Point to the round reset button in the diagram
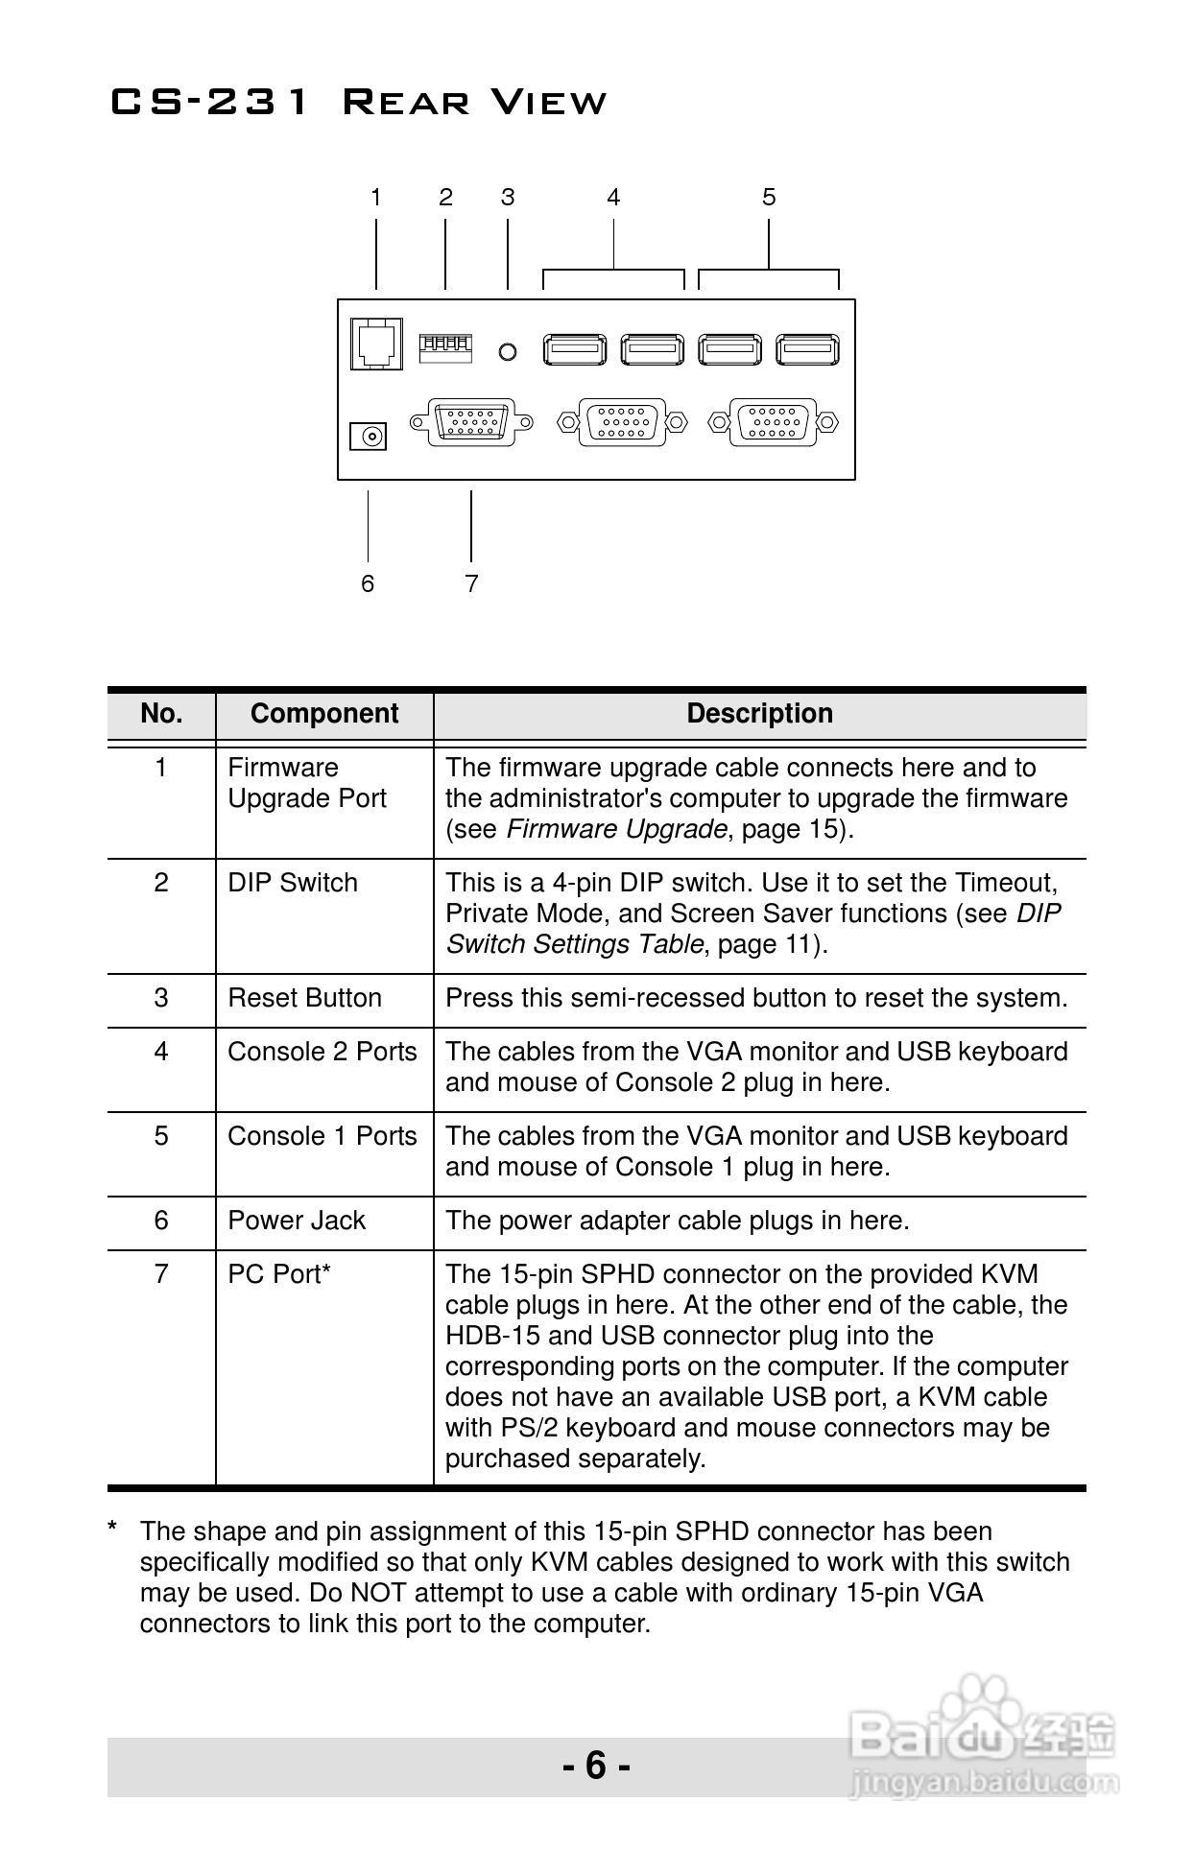tap(508, 352)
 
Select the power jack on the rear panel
tap(368, 437)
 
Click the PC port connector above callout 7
tap(471, 421)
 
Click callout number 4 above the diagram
tap(613, 198)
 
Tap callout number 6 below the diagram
tap(368, 583)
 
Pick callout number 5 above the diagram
tap(769, 198)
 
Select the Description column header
tap(759, 714)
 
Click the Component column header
tap(324, 714)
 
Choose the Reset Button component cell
tap(305, 998)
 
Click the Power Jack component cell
tap(297, 1221)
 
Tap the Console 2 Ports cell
tap(322, 1052)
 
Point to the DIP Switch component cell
tap(293, 883)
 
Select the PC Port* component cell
tap(279, 1274)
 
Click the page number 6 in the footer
tap(596, 1766)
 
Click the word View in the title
tap(542, 102)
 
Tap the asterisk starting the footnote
tap(113, 1528)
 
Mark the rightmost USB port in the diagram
tap(807, 349)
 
